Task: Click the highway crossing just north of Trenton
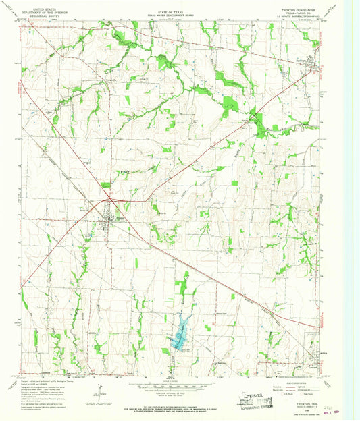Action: tap(107, 200)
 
